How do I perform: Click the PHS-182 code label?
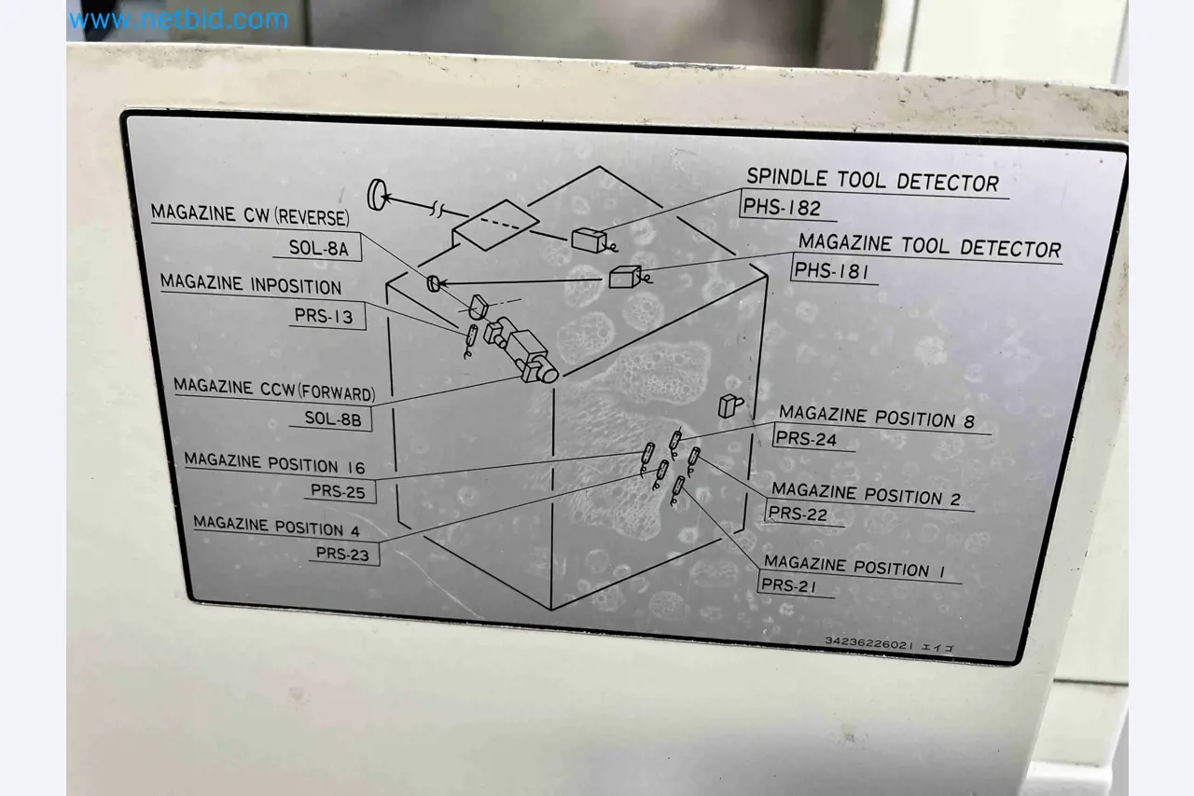point(782,208)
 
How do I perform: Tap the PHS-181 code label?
point(831,271)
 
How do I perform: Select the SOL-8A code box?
point(318,248)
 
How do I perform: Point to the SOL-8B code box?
point(333,419)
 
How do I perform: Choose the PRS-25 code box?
point(338,490)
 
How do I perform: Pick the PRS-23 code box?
point(342,554)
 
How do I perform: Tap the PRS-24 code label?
point(806,438)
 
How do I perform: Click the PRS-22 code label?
point(798,514)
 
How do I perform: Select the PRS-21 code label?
point(789,585)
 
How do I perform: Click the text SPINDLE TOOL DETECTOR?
point(872,180)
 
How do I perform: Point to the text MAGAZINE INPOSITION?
point(251,284)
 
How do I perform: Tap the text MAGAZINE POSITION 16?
point(274,463)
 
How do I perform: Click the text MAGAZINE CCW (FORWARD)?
point(274,390)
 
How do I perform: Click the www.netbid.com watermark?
point(179,21)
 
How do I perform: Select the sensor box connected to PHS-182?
point(589,240)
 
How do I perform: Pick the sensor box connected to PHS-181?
point(625,277)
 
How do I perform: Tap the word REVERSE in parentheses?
point(312,217)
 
